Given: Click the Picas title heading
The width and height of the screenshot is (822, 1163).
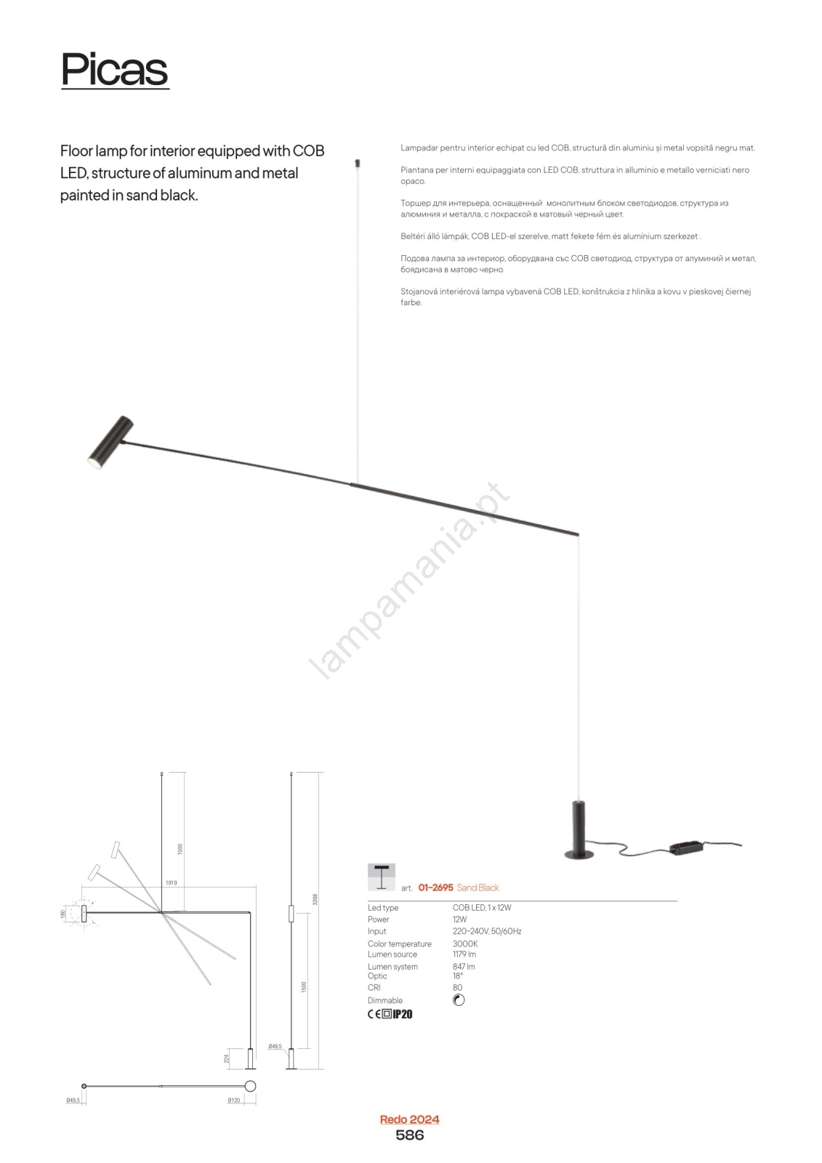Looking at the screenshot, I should click(115, 70).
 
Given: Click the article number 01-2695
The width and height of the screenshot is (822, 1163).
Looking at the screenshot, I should click(435, 888).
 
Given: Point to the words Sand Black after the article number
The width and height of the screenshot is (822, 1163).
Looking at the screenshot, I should click(478, 888).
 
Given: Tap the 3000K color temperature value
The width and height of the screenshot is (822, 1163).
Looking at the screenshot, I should click(465, 943).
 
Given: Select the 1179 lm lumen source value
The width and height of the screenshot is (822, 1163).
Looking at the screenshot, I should click(464, 954).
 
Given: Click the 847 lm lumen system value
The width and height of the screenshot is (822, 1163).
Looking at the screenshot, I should click(464, 967).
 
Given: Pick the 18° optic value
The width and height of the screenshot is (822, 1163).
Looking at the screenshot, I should click(458, 976).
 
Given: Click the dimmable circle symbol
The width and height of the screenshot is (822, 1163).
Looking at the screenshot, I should click(459, 1000).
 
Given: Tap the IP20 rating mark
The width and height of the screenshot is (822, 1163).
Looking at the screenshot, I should click(402, 1014).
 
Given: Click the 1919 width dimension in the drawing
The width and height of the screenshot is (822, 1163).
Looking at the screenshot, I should click(171, 882).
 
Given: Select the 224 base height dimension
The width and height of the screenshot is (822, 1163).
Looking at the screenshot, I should click(227, 1059).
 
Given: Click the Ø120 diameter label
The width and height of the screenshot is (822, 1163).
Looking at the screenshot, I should click(233, 1100).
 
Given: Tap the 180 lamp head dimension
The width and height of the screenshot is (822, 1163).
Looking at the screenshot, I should click(63, 914).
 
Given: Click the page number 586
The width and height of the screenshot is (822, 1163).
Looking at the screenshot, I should click(409, 1135).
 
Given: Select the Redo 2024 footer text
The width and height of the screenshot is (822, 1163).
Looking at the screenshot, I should click(410, 1119).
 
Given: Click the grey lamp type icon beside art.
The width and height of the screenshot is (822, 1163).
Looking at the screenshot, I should click(382, 877).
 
